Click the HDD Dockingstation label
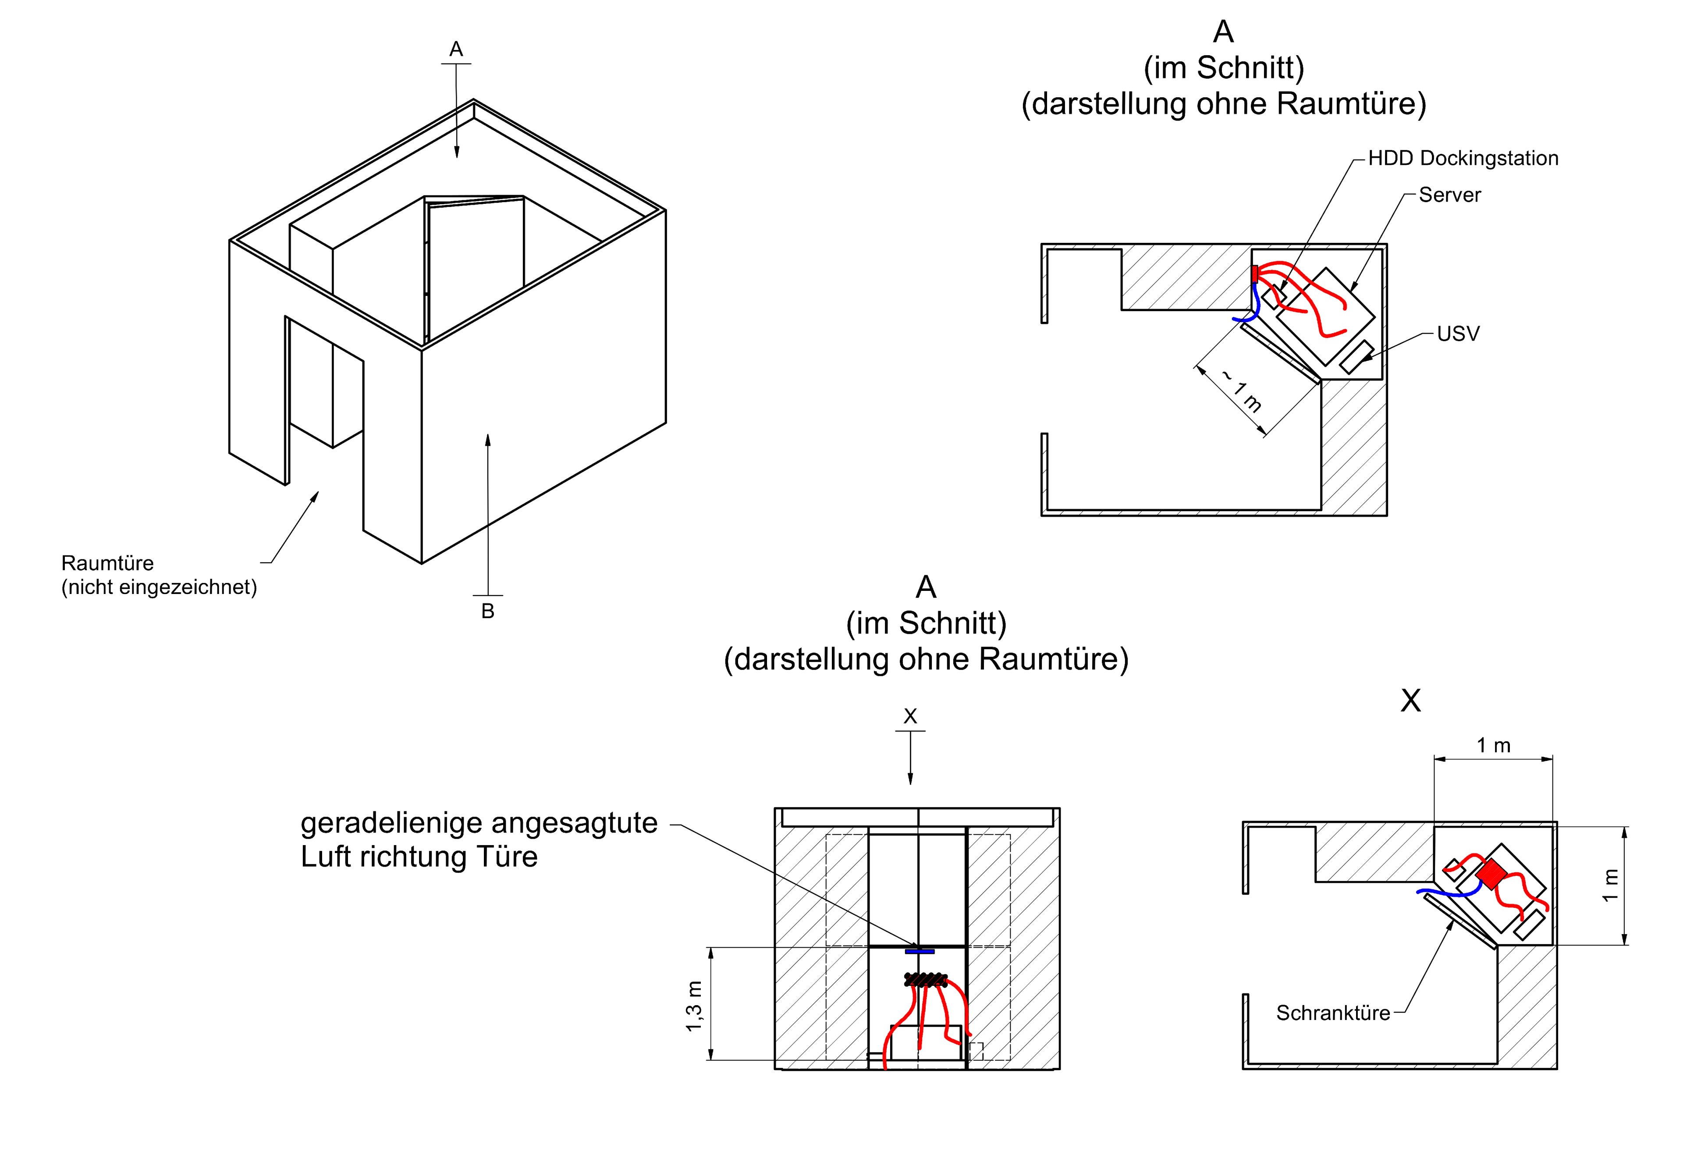pyautogui.click(x=1463, y=158)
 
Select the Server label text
pyautogui.click(x=1449, y=195)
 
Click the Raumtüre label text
pyautogui.click(x=107, y=563)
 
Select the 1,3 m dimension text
pyautogui.click(x=694, y=1006)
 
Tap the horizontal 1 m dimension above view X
pyautogui.click(x=1494, y=745)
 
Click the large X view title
pyautogui.click(x=1411, y=700)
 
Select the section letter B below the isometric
pyautogui.click(x=488, y=611)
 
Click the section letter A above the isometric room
pyautogui.click(x=456, y=49)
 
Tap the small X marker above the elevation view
pyautogui.click(x=910, y=716)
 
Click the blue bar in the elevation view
pyautogui.click(x=919, y=951)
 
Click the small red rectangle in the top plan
pyautogui.click(x=1255, y=274)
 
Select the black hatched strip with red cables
pyautogui.click(x=926, y=980)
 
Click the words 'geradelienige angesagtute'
pyautogui.click(x=479, y=823)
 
